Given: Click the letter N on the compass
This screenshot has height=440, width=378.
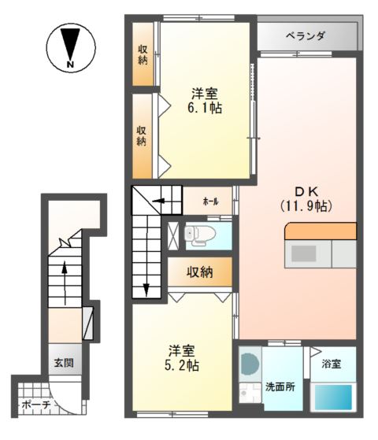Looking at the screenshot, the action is click(70, 65).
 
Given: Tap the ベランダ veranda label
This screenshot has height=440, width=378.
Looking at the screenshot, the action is click(306, 36).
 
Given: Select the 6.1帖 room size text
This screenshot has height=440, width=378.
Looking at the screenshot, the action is click(205, 108).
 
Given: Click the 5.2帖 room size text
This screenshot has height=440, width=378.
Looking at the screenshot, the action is click(182, 365).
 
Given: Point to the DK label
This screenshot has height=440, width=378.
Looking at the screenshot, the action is click(306, 192).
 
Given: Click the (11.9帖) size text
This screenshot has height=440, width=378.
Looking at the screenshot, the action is click(306, 206).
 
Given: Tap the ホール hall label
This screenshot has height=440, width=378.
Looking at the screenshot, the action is click(210, 202).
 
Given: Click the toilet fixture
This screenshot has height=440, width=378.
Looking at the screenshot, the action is click(200, 235).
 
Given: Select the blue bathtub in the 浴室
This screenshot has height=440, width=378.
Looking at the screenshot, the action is click(333, 397).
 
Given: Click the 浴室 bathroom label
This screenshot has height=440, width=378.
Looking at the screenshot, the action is click(332, 364).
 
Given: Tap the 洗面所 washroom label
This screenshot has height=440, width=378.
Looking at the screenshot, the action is click(280, 387).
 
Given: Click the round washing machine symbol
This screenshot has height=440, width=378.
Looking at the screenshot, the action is click(250, 364).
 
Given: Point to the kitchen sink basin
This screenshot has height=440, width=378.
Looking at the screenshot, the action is click(303, 253).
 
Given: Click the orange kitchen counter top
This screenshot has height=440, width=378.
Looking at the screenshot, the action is click(321, 231).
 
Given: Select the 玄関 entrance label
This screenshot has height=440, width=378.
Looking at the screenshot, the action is click(64, 363).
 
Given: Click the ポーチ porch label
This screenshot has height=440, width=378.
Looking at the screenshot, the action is click(36, 405).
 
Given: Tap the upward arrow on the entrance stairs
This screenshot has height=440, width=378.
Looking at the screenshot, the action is click(65, 283).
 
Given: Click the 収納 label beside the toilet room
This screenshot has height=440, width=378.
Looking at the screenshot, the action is click(200, 272).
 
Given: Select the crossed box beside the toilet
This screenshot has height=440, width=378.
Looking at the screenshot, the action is click(173, 235).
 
